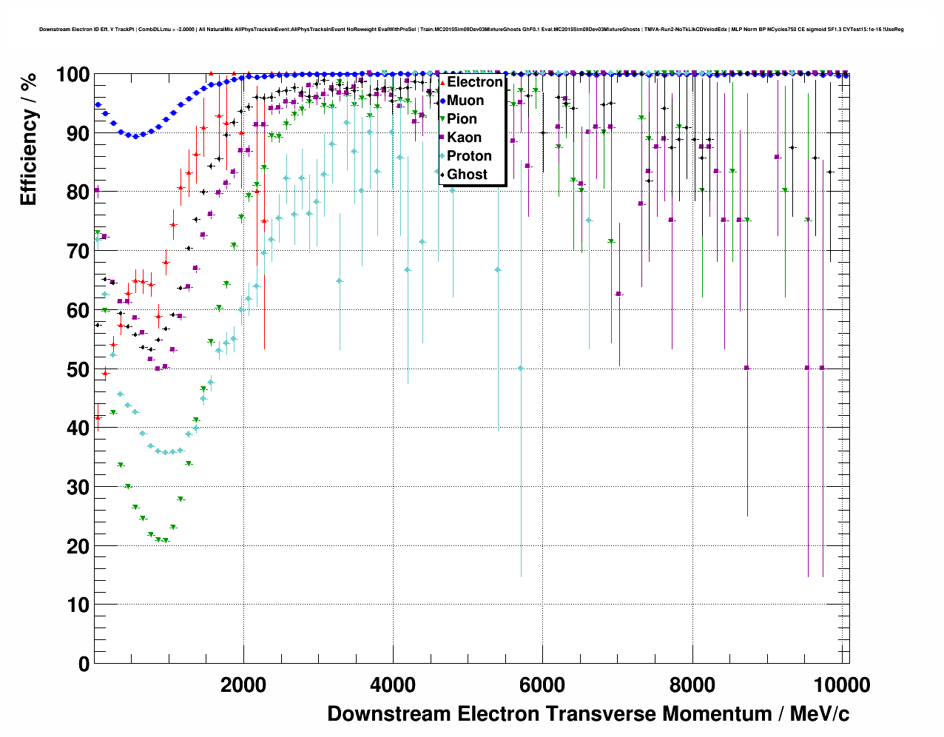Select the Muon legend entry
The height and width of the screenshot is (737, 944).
click(465, 101)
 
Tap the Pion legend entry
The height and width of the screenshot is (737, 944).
click(462, 119)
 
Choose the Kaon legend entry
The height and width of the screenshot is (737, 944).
click(464, 138)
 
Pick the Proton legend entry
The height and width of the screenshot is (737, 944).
click(469, 156)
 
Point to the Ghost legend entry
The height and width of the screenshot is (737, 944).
click(467, 175)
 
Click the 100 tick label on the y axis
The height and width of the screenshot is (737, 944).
click(73, 75)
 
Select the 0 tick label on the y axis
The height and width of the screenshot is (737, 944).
click(83, 664)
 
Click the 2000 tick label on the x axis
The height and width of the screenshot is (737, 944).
click(243, 685)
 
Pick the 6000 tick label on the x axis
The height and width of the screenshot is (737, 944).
click(542, 685)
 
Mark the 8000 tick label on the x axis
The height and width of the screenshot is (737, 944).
click(692, 685)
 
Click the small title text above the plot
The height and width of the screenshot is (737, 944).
click(471, 30)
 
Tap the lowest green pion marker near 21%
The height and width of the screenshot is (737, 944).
click(166, 541)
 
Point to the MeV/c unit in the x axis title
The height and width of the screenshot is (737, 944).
click(820, 714)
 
